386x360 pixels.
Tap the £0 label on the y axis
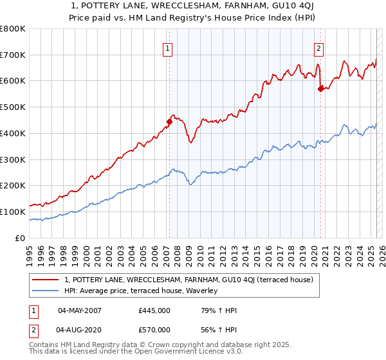click(21, 237)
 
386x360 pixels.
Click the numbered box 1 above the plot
click(167, 47)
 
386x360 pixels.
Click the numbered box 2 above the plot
click(318, 47)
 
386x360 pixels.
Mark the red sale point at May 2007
click(169, 121)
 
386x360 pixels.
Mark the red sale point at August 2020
click(320, 89)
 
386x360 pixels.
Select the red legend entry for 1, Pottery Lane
click(188, 280)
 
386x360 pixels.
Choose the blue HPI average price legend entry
click(141, 291)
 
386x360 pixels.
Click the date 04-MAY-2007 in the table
click(80, 310)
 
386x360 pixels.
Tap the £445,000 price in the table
click(154, 310)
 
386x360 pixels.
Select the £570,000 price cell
click(154, 330)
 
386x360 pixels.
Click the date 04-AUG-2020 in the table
click(80, 330)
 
